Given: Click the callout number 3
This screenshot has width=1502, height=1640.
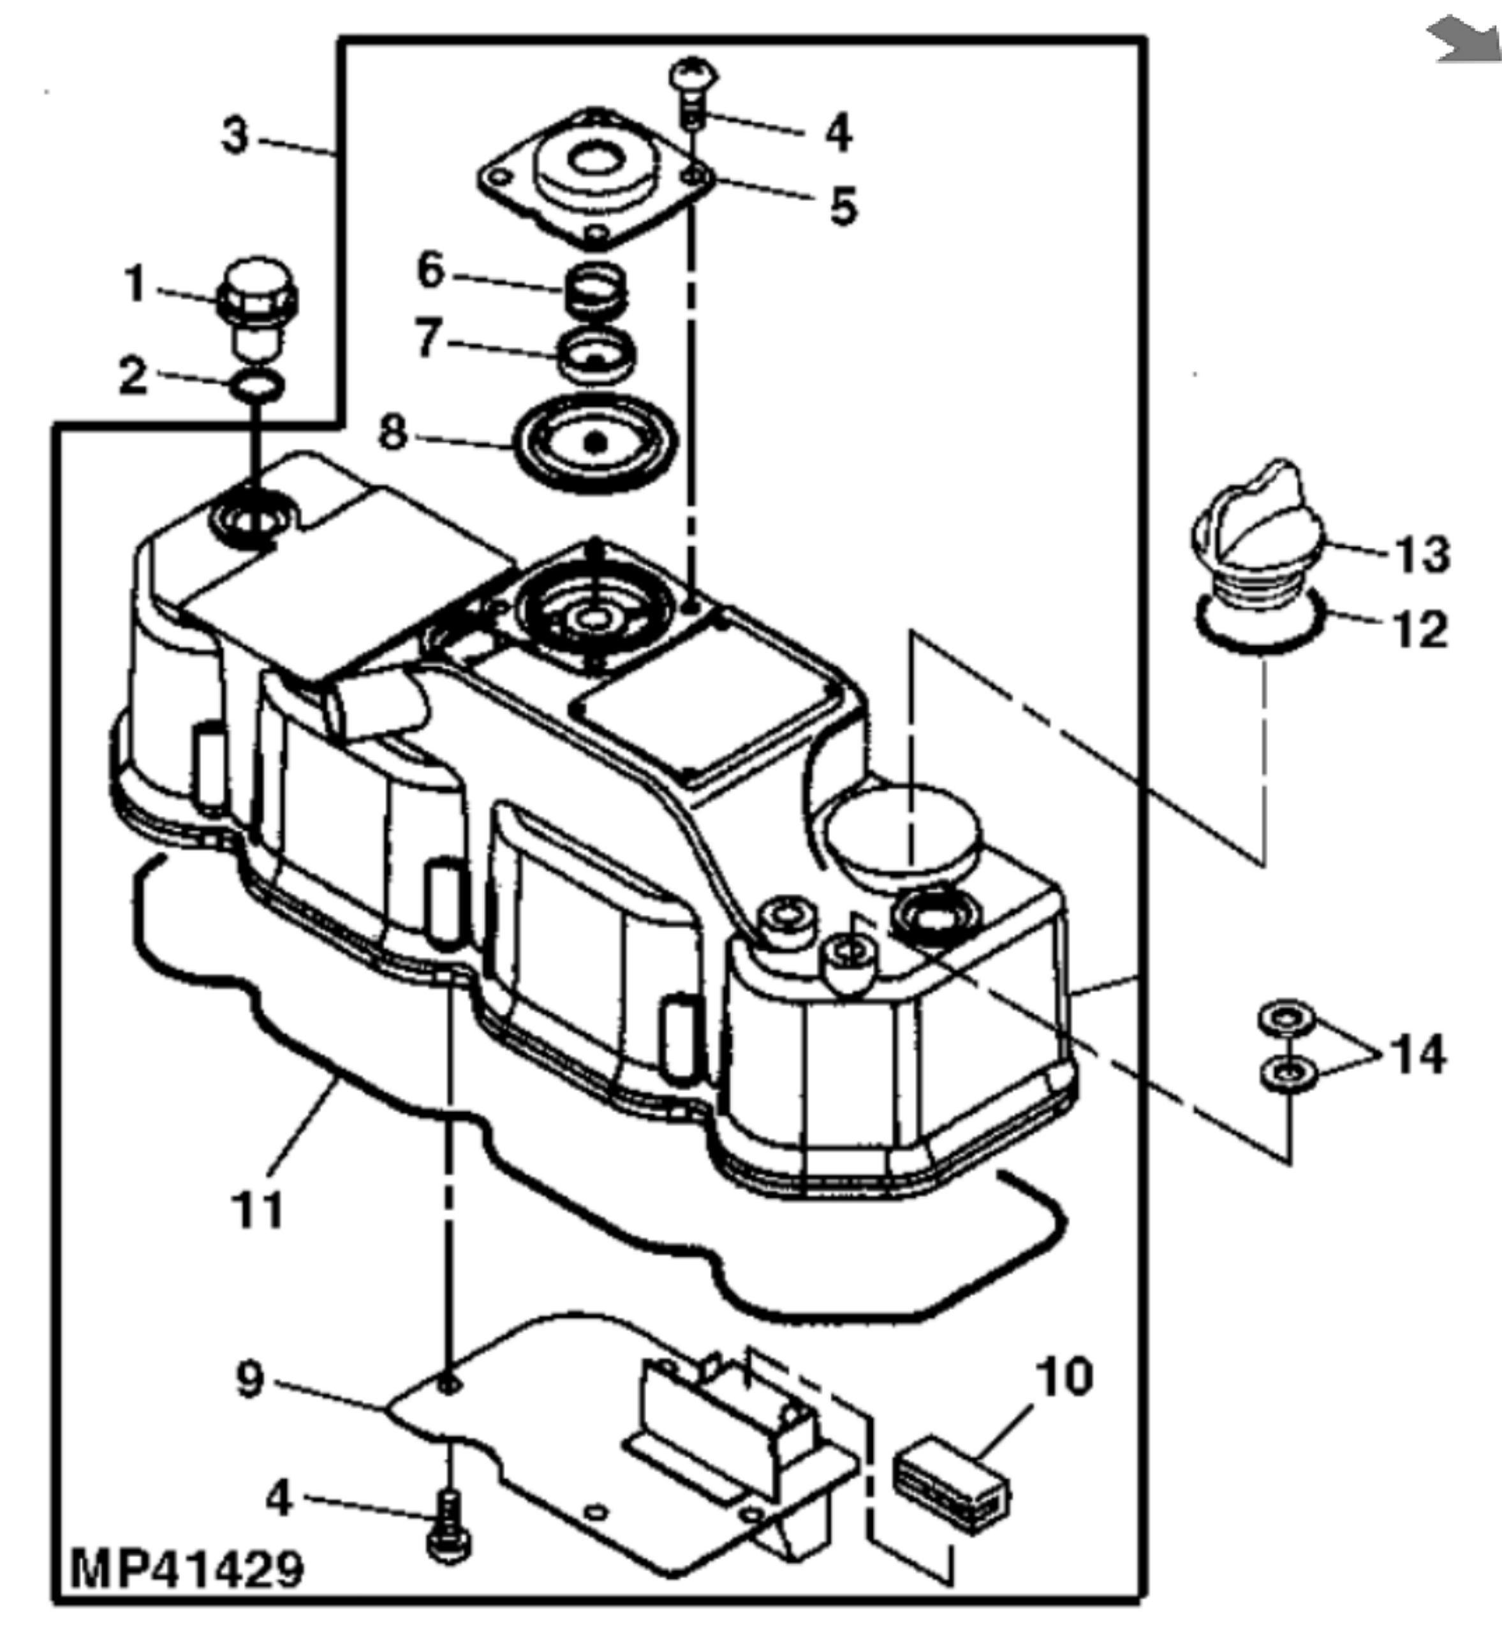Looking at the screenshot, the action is (235, 136).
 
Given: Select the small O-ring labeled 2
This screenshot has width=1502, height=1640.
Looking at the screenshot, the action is (257, 386).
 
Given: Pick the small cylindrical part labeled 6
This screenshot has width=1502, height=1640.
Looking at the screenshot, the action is (596, 289).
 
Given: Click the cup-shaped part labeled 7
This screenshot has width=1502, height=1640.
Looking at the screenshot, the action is (597, 354).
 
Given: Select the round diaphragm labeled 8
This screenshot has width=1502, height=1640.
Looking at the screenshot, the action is (596, 443).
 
